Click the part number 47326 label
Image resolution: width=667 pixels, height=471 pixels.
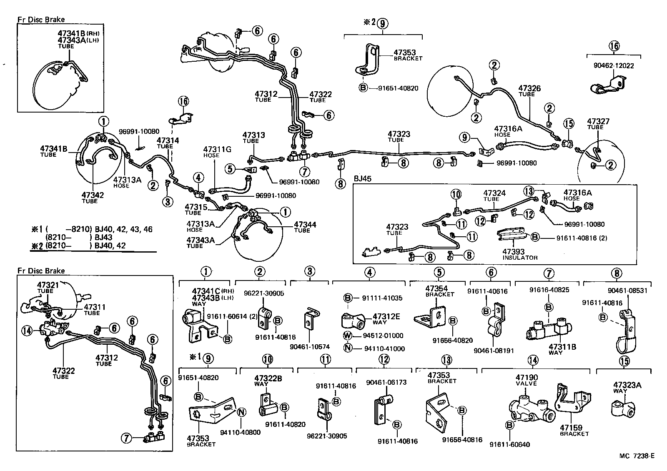pyautogui.click(x=529, y=88)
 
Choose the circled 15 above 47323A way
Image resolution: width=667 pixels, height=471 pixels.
pyautogui.click(x=624, y=361)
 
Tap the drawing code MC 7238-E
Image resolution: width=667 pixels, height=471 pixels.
pyautogui.click(x=636, y=456)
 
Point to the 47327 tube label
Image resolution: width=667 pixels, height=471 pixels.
pyautogui.click(x=598, y=122)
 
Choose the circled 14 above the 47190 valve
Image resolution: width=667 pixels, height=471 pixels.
pyautogui.click(x=533, y=360)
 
